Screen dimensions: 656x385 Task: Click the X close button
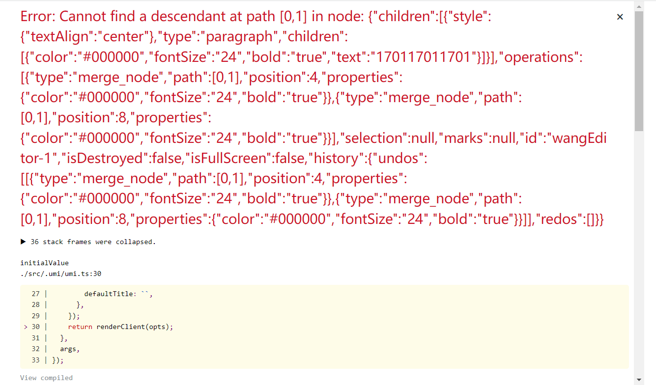pos(620,17)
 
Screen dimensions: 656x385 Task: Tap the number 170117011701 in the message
pos(423,57)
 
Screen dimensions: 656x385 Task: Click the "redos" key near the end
pos(560,219)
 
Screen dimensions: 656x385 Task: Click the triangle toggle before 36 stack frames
pos(23,242)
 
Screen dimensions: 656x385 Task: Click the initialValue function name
pos(45,263)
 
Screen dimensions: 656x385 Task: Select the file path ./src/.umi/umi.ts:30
pos(61,274)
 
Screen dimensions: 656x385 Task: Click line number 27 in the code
pos(35,294)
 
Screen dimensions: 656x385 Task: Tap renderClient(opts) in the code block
pos(135,327)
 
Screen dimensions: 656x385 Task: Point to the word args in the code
pos(69,349)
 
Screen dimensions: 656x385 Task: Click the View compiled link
pos(46,378)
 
